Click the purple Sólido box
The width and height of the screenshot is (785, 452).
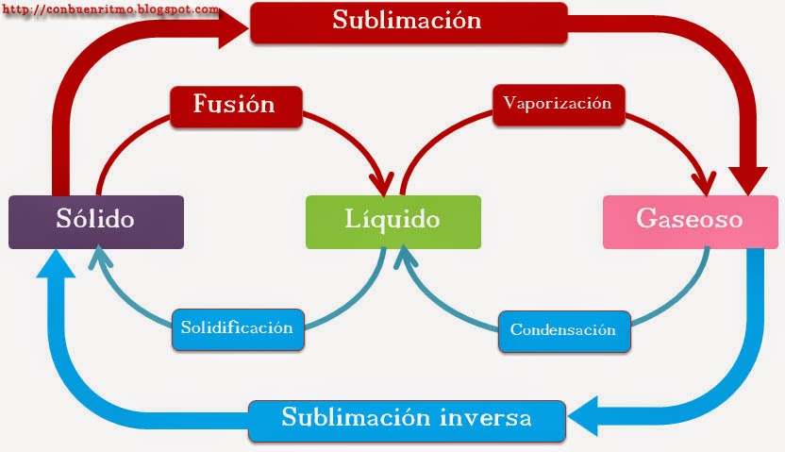pyautogui.click(x=95, y=222)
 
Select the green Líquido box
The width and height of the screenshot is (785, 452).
pyautogui.click(x=392, y=222)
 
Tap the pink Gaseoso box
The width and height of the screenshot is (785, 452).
pyautogui.click(x=689, y=222)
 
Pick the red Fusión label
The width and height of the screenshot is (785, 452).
pyautogui.click(x=235, y=105)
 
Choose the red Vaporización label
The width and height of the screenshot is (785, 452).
pyautogui.click(x=558, y=104)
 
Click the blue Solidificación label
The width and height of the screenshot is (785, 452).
pyautogui.click(x=238, y=328)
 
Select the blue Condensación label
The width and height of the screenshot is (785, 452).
pyautogui.click(x=563, y=330)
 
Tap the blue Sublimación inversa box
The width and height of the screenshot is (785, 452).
pyautogui.click(x=407, y=417)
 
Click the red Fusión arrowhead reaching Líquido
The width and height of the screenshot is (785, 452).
pyautogui.click(x=386, y=180)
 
